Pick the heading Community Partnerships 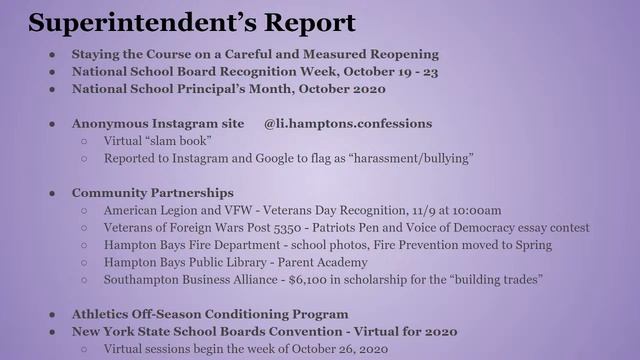(152, 192)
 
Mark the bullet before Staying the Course (51, 54)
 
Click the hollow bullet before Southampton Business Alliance (84, 279)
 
